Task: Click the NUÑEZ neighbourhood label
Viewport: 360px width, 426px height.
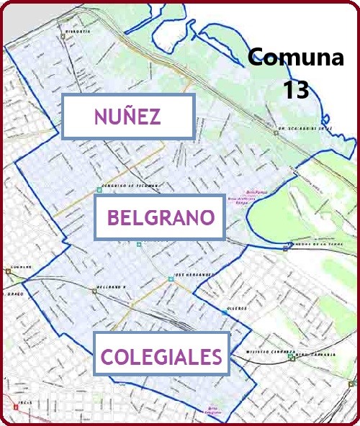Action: tap(127, 117)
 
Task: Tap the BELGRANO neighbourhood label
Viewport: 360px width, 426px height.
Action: tap(160, 217)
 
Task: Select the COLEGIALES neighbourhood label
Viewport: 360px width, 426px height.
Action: tap(161, 355)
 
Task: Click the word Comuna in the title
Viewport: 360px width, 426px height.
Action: tap(296, 58)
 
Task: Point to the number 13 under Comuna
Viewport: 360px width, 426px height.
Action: tap(296, 89)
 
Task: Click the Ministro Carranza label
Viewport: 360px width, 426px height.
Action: tap(266, 353)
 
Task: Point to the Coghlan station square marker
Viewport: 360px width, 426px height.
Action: tap(7, 271)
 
